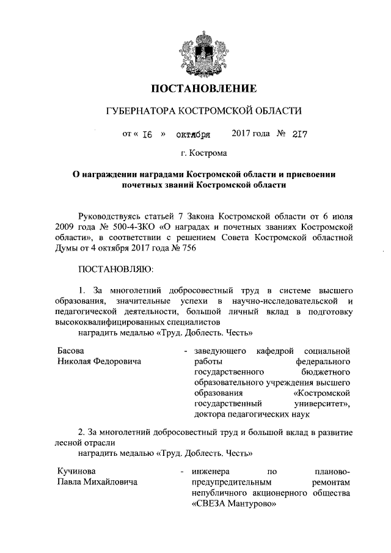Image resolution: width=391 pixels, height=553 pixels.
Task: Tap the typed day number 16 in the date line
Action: click(147, 134)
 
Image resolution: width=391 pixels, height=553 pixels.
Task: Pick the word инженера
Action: click(210, 472)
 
